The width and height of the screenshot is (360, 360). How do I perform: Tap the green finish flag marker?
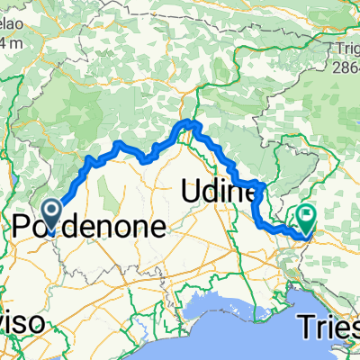pos(308,217)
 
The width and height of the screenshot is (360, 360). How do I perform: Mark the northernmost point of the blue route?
pos(189,121)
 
